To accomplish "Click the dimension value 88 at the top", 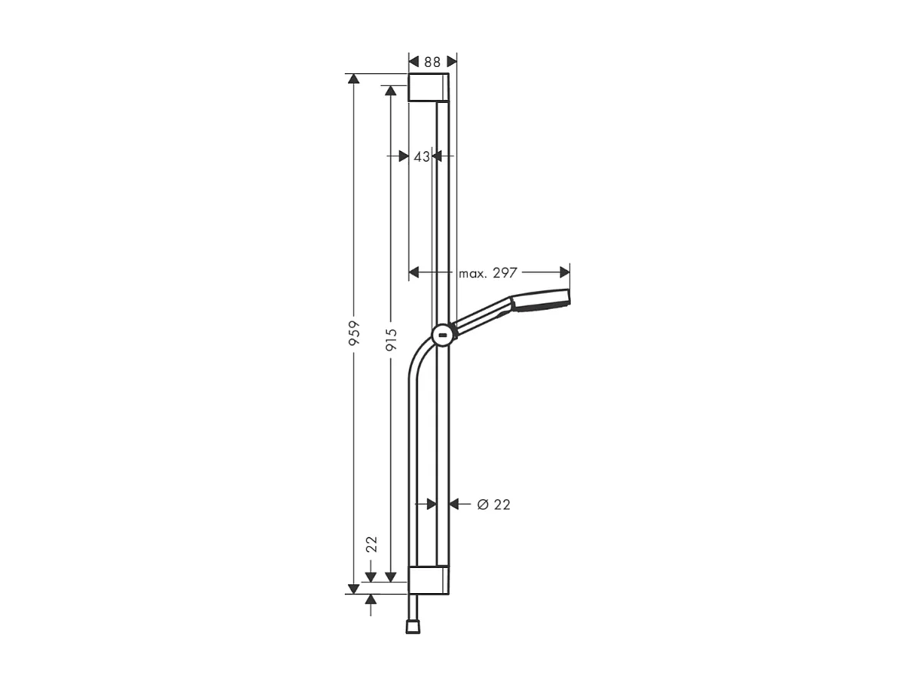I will coord(433,62).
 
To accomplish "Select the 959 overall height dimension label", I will coord(354,334).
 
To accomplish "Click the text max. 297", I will coord(489,273).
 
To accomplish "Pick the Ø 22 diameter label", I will coord(493,505).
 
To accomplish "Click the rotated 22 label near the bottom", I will coord(372,544).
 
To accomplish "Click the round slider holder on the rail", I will coord(443,334).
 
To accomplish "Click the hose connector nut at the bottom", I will coord(413,626).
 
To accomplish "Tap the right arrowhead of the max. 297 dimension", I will coord(565,273).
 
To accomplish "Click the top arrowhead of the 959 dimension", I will coord(354,79).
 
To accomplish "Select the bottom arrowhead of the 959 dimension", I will coord(354,589).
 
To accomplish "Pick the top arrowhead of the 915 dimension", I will coord(391,91).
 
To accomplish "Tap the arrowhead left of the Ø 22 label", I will coord(454,504).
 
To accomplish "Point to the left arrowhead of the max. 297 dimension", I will coord(415,273).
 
